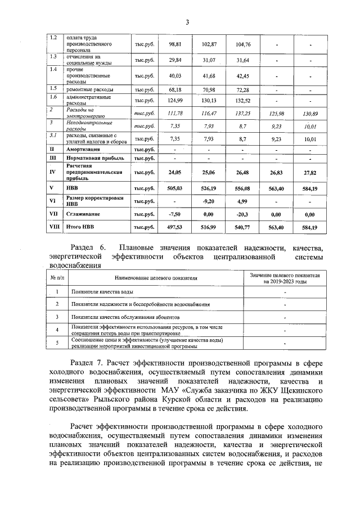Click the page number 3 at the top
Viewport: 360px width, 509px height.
click(x=187, y=22)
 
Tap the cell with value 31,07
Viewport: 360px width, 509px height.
click(x=209, y=60)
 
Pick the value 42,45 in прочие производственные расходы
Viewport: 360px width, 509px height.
click(x=243, y=76)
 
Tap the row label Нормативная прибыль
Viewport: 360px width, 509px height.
click(x=95, y=160)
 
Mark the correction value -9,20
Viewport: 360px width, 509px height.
click(x=209, y=202)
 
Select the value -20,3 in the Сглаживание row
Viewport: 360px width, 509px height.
click(x=243, y=215)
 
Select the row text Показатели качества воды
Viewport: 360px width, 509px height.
click(x=102, y=292)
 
